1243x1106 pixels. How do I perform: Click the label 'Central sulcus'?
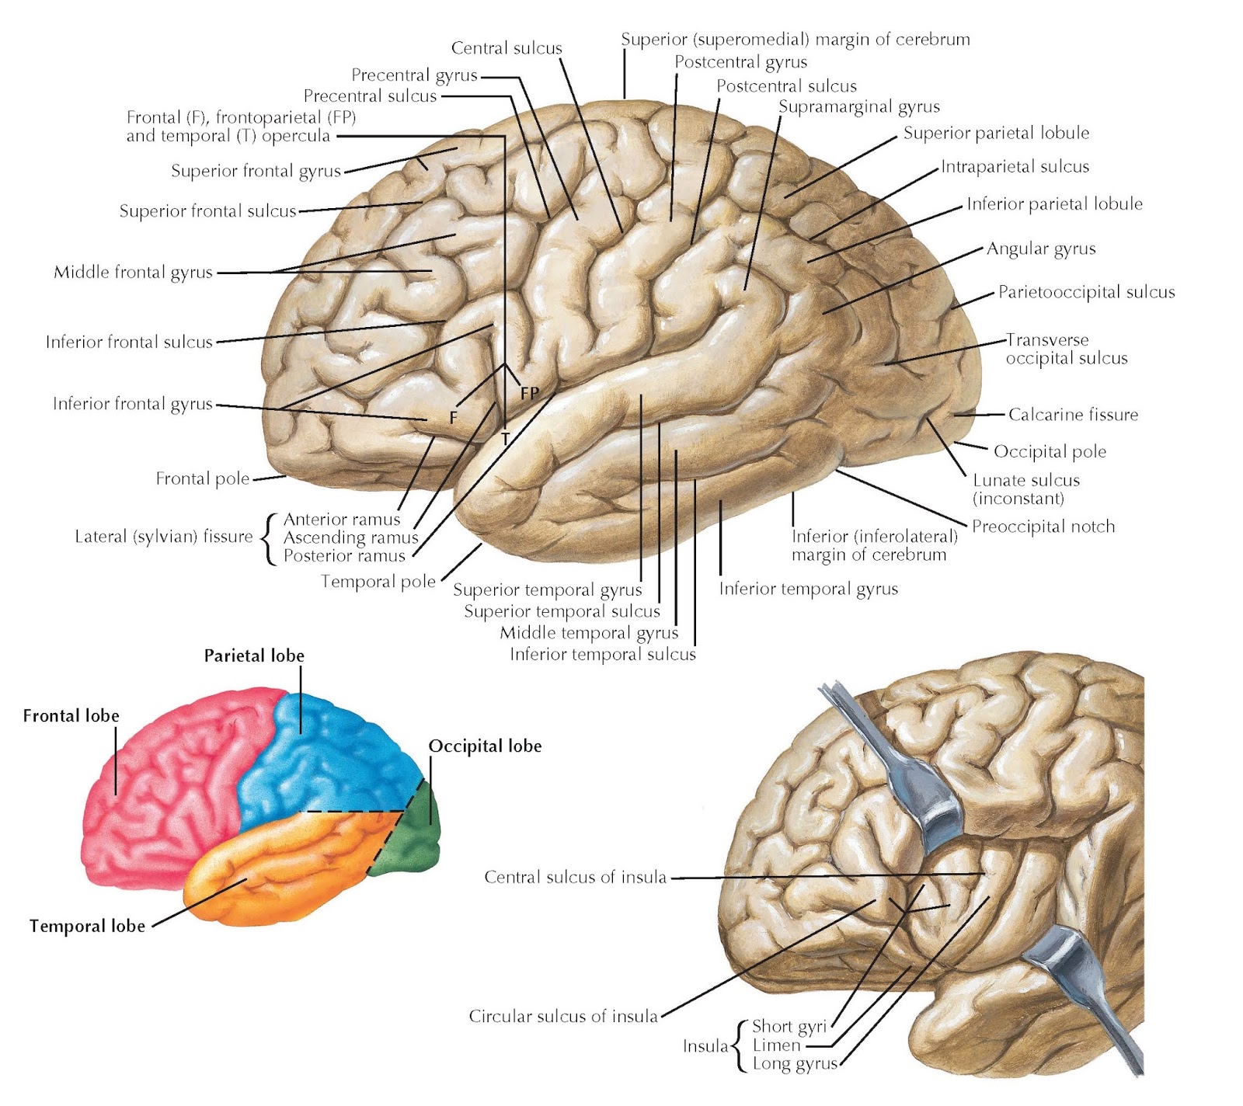click(507, 48)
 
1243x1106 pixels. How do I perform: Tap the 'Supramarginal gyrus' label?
click(858, 106)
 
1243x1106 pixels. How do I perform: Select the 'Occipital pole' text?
click(1050, 451)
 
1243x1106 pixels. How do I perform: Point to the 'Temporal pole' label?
click(378, 581)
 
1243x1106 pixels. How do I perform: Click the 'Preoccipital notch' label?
click(1043, 527)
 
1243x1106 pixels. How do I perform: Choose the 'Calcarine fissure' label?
click(1073, 415)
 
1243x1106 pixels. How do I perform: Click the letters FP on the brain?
click(530, 393)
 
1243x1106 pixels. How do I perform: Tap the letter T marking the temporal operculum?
click(506, 440)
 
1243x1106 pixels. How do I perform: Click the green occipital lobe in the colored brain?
click(415, 843)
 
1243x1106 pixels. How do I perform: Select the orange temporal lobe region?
click(295, 862)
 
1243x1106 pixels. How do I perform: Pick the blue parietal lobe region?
click(326, 769)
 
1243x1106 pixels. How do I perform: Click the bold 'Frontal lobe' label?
click(71, 715)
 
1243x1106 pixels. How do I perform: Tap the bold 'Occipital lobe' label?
click(485, 746)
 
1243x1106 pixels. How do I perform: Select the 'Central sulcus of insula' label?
click(575, 877)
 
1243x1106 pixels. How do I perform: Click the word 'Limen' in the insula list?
click(776, 1045)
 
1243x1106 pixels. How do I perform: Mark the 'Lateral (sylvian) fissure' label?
click(163, 536)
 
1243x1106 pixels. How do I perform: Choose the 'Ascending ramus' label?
click(350, 537)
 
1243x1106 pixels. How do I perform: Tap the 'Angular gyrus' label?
click(1041, 249)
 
